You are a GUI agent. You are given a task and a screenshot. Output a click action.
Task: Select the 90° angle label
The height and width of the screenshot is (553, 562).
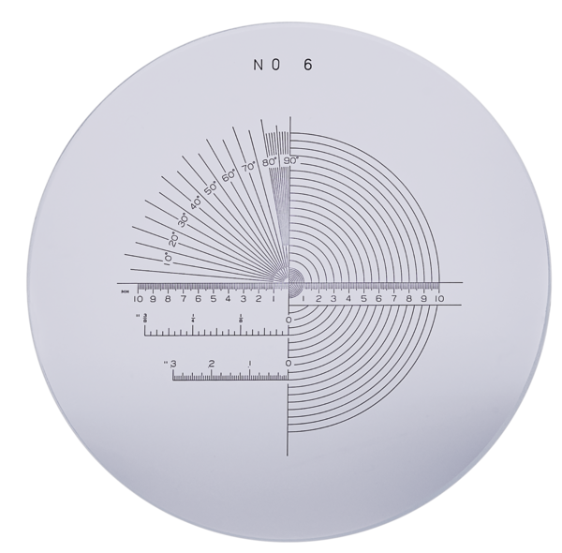[x=290, y=161]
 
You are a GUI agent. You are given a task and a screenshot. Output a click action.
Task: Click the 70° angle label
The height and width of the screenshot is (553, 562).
[x=248, y=168]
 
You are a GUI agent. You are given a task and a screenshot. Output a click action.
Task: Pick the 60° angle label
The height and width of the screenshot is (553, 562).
[x=229, y=176]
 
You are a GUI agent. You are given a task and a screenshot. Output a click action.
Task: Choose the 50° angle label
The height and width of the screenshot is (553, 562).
[x=212, y=187]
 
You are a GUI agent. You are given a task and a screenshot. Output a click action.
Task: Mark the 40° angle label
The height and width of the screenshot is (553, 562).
[x=196, y=202]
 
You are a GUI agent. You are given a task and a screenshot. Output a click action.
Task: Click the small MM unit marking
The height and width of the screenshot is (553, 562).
[x=124, y=292]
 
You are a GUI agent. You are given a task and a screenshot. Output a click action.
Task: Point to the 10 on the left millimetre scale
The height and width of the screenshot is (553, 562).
[x=139, y=299]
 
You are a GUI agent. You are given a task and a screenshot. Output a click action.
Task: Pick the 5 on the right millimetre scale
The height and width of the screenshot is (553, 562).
[x=364, y=299]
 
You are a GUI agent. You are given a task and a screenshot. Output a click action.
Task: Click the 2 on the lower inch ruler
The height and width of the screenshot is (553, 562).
[x=212, y=363]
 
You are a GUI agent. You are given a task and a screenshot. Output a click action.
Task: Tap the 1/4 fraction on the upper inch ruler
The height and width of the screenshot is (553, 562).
[x=192, y=320]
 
